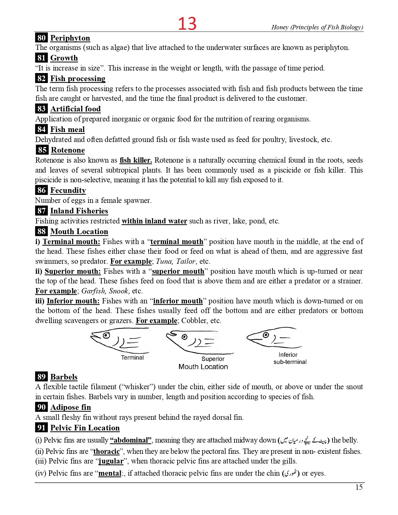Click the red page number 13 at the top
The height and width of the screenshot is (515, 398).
187,24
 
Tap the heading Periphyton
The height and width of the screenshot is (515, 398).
70,38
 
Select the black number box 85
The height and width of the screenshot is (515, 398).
42,150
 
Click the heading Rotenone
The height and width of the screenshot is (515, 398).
68,150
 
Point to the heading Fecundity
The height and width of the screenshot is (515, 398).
68,190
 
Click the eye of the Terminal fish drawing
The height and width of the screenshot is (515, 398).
106,335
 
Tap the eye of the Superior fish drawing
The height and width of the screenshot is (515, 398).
184,337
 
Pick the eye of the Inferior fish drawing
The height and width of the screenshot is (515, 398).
266,335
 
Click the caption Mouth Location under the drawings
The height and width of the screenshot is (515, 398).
203,367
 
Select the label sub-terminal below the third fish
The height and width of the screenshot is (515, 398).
290,362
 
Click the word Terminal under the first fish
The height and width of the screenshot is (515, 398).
132,358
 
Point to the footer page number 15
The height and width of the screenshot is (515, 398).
359,487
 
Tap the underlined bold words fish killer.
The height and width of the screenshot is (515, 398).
136,160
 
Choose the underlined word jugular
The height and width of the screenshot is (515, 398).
111,461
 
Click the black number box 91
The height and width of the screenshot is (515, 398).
42,428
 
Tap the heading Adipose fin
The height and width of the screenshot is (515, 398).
71,407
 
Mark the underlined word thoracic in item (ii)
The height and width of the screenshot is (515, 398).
106,451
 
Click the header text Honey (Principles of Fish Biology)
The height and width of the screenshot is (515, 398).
317,27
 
